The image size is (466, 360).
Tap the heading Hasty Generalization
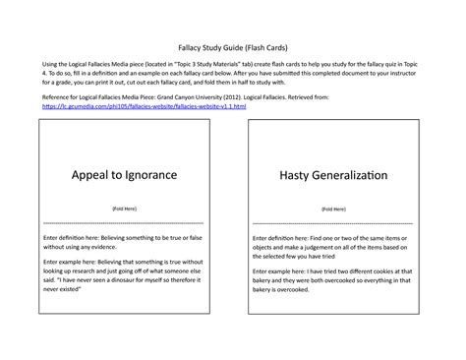(x=333, y=174)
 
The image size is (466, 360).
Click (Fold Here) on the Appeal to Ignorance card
(x=125, y=210)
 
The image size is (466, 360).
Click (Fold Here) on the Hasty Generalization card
(x=333, y=210)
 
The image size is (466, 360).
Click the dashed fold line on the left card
(x=125, y=225)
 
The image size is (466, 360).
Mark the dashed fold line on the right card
(x=333, y=225)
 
